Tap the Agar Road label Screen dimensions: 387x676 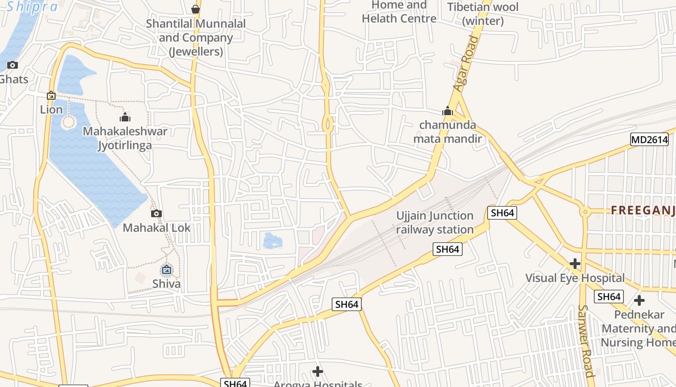(x=465, y=63)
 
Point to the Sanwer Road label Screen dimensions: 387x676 (x=586, y=341)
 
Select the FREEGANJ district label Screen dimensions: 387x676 (x=643, y=210)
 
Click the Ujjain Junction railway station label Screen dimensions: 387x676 (x=435, y=223)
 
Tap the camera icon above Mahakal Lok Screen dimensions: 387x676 (x=156, y=213)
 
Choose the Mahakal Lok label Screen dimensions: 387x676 (x=156, y=227)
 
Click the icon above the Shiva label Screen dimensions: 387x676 (x=167, y=269)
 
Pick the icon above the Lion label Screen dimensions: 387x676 (x=51, y=96)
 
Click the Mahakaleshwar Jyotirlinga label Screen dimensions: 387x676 (x=125, y=138)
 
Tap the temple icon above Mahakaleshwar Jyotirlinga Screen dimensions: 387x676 (x=125, y=117)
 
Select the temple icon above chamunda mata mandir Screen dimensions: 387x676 (x=448, y=111)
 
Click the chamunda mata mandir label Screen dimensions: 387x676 (x=448, y=132)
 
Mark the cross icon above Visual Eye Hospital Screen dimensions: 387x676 (x=575, y=264)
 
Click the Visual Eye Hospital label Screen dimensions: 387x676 (x=575, y=278)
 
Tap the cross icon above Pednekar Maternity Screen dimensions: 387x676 (x=639, y=300)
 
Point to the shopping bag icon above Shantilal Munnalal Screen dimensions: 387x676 (x=196, y=9)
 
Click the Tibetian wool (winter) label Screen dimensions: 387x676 (x=483, y=14)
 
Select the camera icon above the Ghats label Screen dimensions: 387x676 (x=13, y=65)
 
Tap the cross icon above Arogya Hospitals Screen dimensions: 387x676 (x=317, y=372)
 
